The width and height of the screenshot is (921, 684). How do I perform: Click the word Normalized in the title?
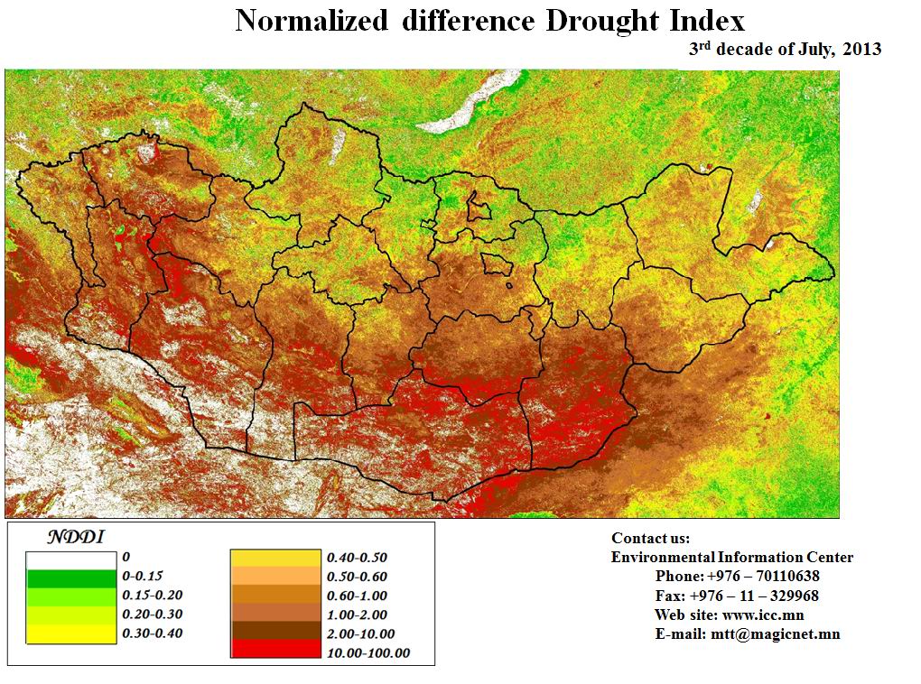coord(311,22)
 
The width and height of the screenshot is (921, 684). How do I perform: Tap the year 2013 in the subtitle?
coord(862,50)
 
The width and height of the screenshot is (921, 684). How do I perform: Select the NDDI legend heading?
coord(76,538)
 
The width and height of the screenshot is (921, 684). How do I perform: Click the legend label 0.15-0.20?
coord(152,596)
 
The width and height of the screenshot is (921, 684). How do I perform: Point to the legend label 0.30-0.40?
coord(152,633)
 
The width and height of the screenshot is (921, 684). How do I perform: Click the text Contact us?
coord(650,539)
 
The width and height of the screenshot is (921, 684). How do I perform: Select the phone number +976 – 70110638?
coord(763,577)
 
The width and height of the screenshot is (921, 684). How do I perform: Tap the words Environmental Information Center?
coord(731,558)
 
